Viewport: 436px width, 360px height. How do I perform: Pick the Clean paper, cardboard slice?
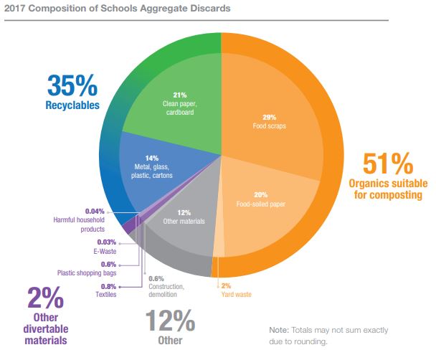180,104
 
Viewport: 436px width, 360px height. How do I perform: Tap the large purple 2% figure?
46,298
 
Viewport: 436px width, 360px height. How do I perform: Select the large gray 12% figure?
170,319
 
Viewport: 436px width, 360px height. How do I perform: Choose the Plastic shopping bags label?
87,273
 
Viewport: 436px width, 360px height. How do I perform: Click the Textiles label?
105,295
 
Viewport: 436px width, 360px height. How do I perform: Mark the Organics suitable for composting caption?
389,189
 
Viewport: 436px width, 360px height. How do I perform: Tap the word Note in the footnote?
278,329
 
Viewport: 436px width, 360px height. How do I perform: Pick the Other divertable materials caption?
46,329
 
